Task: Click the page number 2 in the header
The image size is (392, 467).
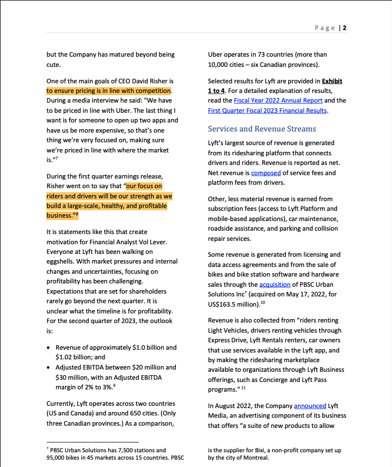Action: tap(344, 28)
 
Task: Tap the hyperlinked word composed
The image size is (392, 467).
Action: tap(265, 173)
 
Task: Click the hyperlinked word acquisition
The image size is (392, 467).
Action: tap(275, 285)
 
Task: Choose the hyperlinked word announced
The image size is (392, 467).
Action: tap(310, 406)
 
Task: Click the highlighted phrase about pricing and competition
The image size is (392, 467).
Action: tap(109, 91)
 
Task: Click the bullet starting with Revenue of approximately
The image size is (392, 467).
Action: tap(116, 347)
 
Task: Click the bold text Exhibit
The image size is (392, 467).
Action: tap(329, 81)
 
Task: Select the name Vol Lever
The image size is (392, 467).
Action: tap(148, 242)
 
